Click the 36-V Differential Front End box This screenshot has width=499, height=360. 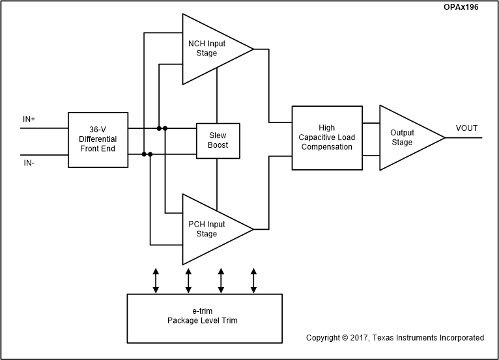[x=98, y=140]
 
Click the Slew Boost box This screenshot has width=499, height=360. [x=218, y=140]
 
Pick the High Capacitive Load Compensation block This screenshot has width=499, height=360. [x=326, y=137]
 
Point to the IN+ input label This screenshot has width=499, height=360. [x=30, y=119]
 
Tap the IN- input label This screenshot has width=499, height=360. [x=29, y=163]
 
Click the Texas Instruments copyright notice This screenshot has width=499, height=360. [x=395, y=338]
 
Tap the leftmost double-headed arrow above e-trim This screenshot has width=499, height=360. [x=156, y=281]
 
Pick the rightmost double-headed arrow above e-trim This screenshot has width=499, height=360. [x=254, y=281]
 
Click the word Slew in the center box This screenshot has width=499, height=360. [x=218, y=135]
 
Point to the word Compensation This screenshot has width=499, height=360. [x=326, y=146]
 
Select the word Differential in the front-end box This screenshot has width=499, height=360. [x=98, y=139]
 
